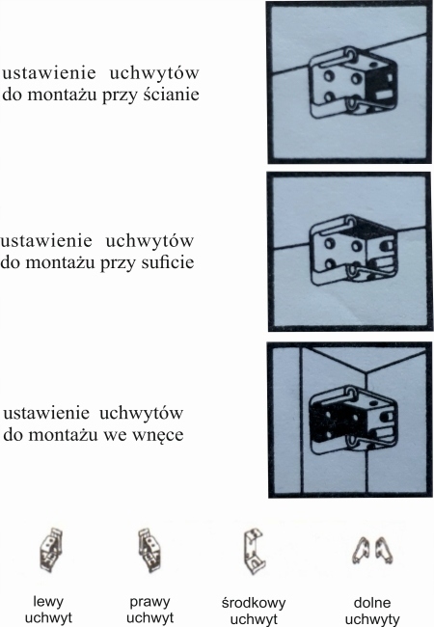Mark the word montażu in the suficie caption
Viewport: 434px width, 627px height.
point(82,261)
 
